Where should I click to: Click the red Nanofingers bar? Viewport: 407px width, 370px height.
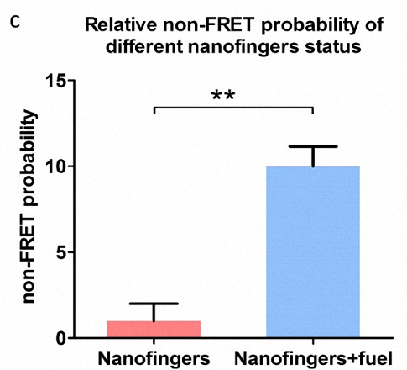click(154, 329)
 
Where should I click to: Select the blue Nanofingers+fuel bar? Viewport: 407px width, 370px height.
click(313, 251)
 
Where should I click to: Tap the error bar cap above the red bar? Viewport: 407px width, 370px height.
click(154, 304)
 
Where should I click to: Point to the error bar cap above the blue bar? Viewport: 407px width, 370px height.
click(313, 146)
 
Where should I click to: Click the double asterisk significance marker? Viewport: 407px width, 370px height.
click(223, 96)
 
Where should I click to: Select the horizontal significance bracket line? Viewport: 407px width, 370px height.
click(233, 108)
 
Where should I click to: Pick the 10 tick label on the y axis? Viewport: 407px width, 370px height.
click(55, 166)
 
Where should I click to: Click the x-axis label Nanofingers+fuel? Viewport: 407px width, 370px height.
click(313, 358)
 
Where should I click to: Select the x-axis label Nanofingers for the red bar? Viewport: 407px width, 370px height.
click(154, 358)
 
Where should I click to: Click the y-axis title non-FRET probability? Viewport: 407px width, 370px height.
click(29, 207)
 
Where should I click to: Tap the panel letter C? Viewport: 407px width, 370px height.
click(15, 23)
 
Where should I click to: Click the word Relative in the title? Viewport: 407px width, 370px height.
click(121, 25)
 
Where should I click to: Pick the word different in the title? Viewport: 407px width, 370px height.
click(144, 47)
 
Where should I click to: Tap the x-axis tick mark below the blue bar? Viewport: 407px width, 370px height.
click(313, 341)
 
